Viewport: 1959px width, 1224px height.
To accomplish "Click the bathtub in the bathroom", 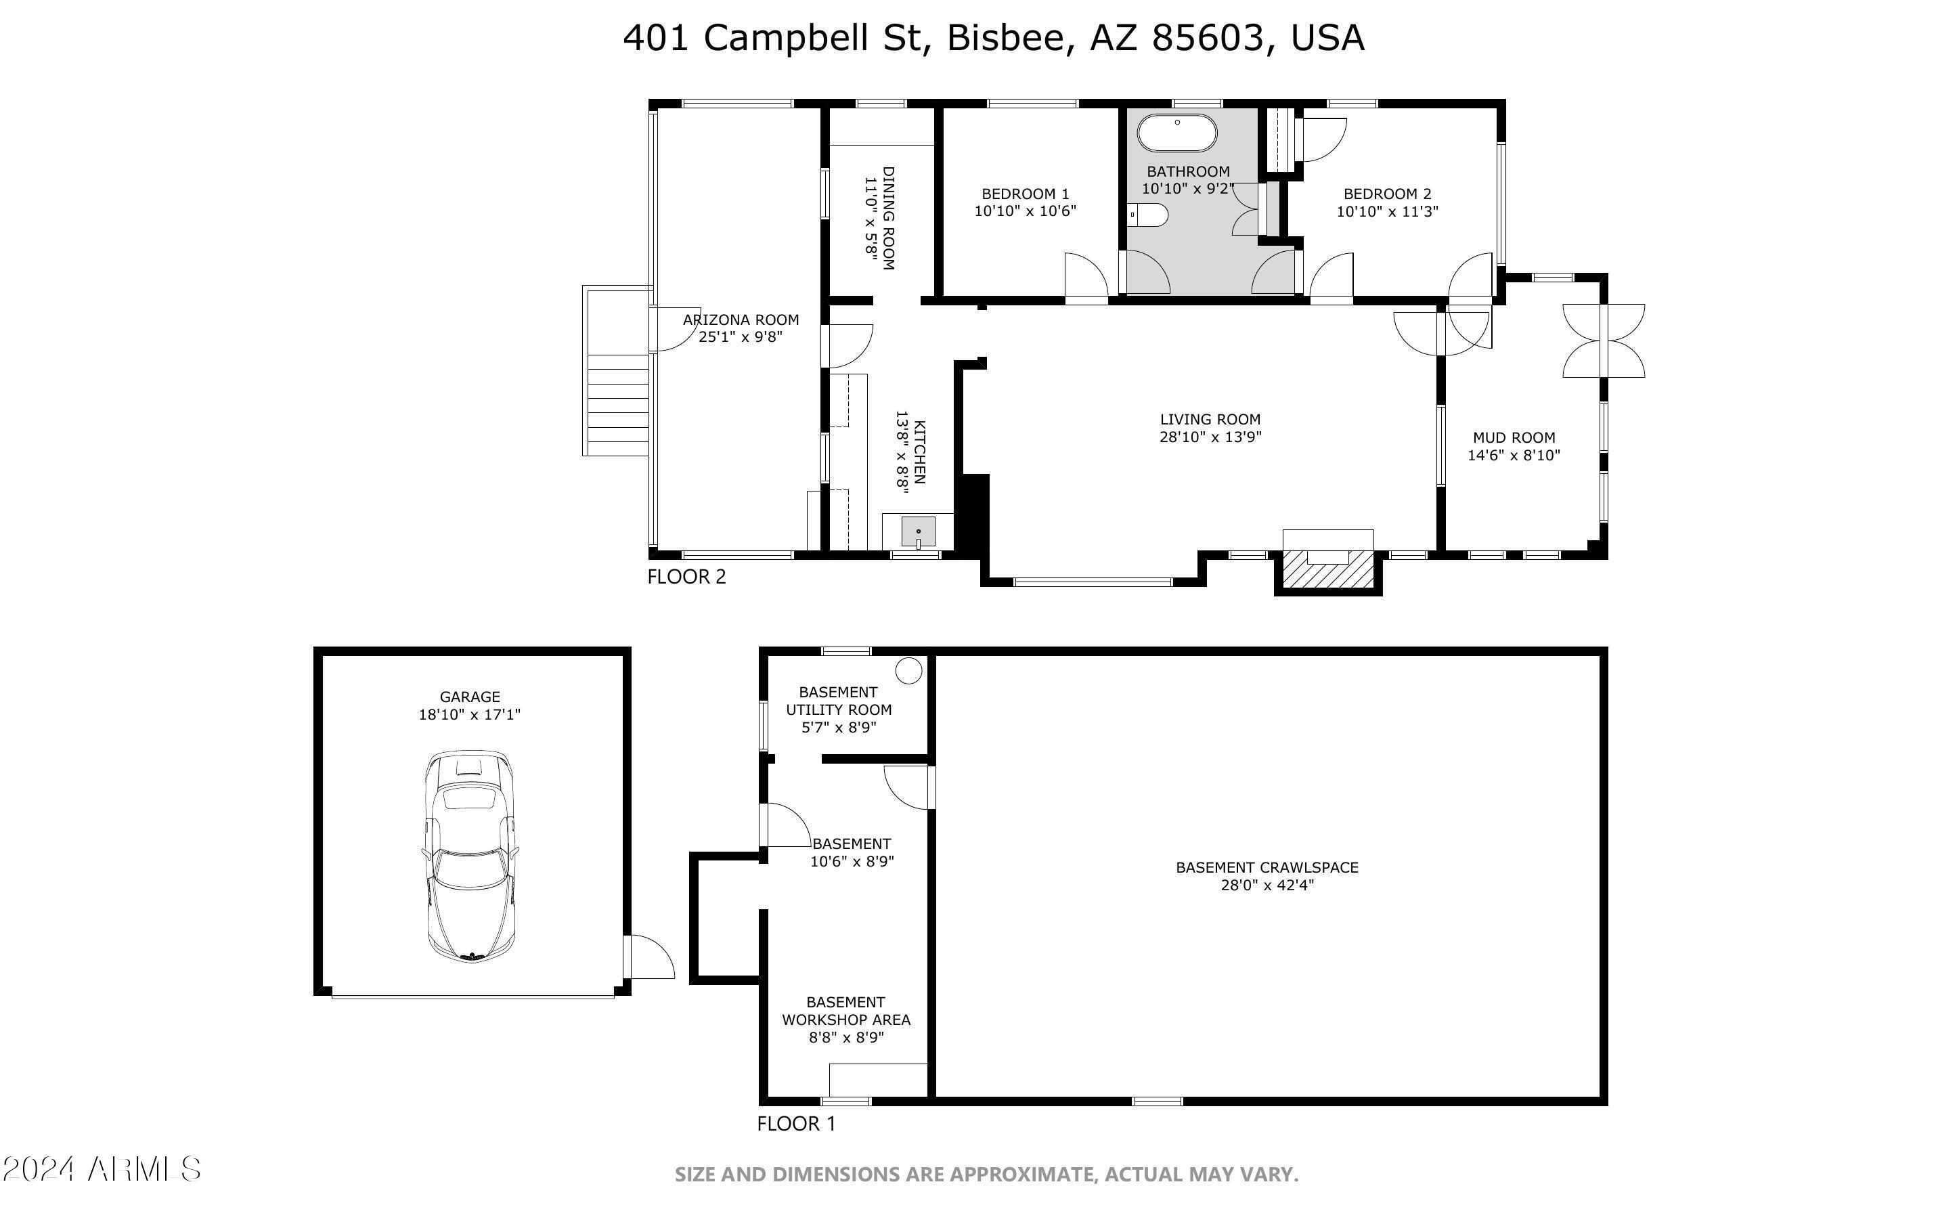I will point(1176,133).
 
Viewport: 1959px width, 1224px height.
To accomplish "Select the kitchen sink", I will point(919,532).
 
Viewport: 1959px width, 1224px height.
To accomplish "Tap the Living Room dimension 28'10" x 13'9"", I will point(1210,437).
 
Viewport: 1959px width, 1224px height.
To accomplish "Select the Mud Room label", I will point(1513,438).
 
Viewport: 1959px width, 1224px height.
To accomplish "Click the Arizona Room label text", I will point(741,320).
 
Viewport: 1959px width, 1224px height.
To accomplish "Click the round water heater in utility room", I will point(908,670).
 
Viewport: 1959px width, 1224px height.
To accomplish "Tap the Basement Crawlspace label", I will point(1267,868).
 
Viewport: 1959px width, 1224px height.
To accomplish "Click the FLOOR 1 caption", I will point(795,1124).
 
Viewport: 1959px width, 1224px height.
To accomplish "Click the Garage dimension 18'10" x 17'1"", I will point(469,715).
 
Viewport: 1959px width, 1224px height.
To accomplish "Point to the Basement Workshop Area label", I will point(845,1011).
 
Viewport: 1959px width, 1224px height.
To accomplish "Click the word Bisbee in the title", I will point(1010,38).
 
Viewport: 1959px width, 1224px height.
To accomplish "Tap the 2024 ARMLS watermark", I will point(101,1169).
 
